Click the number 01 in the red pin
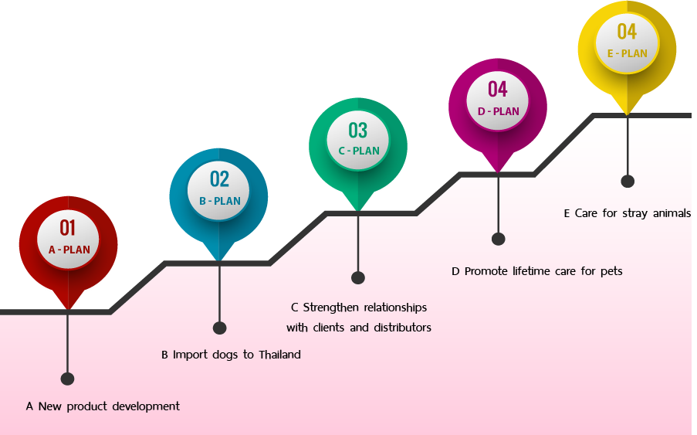click(x=68, y=227)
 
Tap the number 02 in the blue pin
click(x=219, y=178)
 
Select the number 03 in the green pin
click(x=357, y=129)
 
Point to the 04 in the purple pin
click(x=497, y=89)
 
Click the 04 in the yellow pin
click(x=626, y=32)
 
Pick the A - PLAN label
click(x=69, y=250)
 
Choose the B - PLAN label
click(x=220, y=201)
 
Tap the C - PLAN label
click(x=358, y=151)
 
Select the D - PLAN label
click(x=498, y=111)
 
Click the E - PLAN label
click(x=627, y=53)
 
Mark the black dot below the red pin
click(x=67, y=379)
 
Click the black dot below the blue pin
click(x=219, y=328)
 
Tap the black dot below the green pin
click(x=358, y=277)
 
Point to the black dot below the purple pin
click(x=498, y=239)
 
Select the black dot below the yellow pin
click(x=628, y=181)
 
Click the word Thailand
click(x=276, y=355)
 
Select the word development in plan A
click(x=146, y=406)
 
